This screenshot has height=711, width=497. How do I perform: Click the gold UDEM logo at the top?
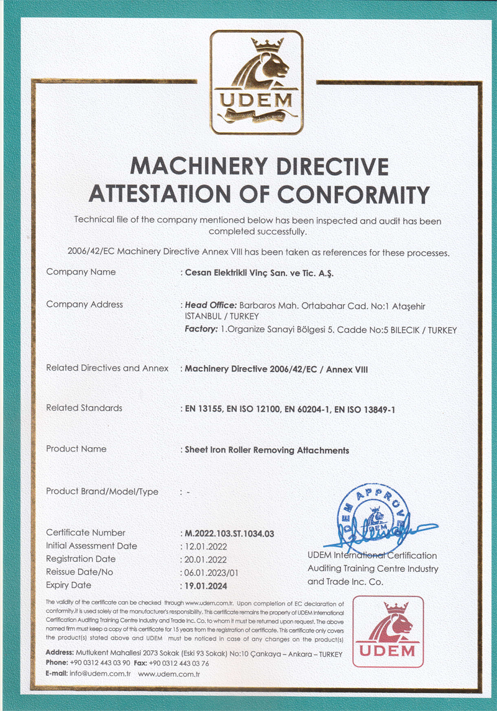tap(257, 82)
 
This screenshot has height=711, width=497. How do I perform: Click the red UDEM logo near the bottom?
tap(388, 631)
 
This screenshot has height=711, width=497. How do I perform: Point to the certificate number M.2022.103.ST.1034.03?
tap(230, 533)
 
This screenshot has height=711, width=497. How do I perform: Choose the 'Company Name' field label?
tap(81, 272)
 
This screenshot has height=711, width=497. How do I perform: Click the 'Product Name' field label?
tap(76, 449)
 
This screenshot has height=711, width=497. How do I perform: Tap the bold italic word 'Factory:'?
tap(201, 329)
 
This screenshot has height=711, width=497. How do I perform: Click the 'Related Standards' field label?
tap(84, 408)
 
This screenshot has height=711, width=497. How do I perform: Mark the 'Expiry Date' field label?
tap(68, 585)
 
